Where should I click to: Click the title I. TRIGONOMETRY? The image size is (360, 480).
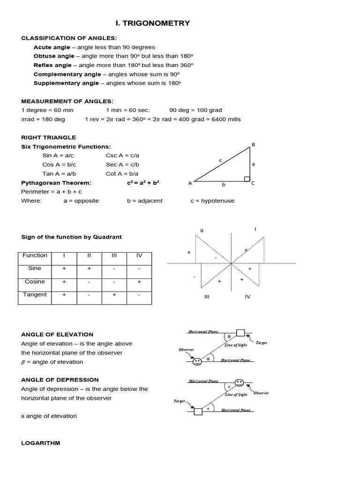point(153,23)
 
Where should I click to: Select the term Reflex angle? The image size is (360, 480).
point(52,65)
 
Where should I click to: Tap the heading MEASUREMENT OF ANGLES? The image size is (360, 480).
point(67,101)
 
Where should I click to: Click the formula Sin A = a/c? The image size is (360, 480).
point(59,155)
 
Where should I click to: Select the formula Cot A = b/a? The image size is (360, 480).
point(122,173)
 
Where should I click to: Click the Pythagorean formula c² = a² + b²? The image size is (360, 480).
point(143,183)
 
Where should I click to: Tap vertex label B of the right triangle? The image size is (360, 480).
point(254,145)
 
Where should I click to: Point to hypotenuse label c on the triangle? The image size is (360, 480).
point(220,160)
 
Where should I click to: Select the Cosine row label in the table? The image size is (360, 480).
point(35,282)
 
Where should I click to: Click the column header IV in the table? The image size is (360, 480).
point(139,255)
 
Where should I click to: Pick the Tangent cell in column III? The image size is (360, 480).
point(114,295)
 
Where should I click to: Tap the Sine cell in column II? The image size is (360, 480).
point(89,269)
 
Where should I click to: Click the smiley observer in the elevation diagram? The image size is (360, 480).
point(197,361)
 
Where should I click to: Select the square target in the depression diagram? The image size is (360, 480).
point(198,412)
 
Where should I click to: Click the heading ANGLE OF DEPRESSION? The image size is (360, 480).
point(60,380)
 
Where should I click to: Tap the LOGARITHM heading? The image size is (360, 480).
point(41,443)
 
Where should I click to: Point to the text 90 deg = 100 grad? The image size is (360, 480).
point(195,110)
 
